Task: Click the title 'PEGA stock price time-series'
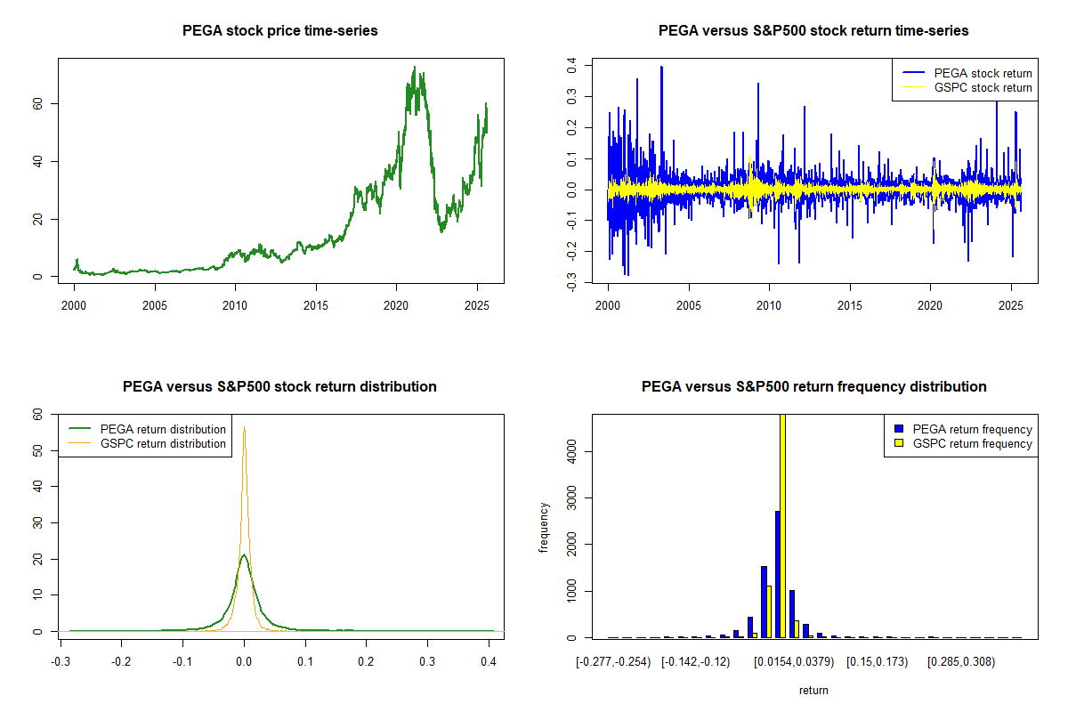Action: [x=279, y=31]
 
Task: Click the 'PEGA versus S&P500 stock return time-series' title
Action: [x=813, y=31]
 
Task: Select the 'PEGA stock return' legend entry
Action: [x=983, y=73]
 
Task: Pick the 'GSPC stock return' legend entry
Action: [x=983, y=88]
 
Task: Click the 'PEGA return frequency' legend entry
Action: [x=973, y=429]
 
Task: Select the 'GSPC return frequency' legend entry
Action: [x=973, y=443]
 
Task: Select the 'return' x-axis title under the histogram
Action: [x=813, y=690]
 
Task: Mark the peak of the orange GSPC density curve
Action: [x=244, y=428]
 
